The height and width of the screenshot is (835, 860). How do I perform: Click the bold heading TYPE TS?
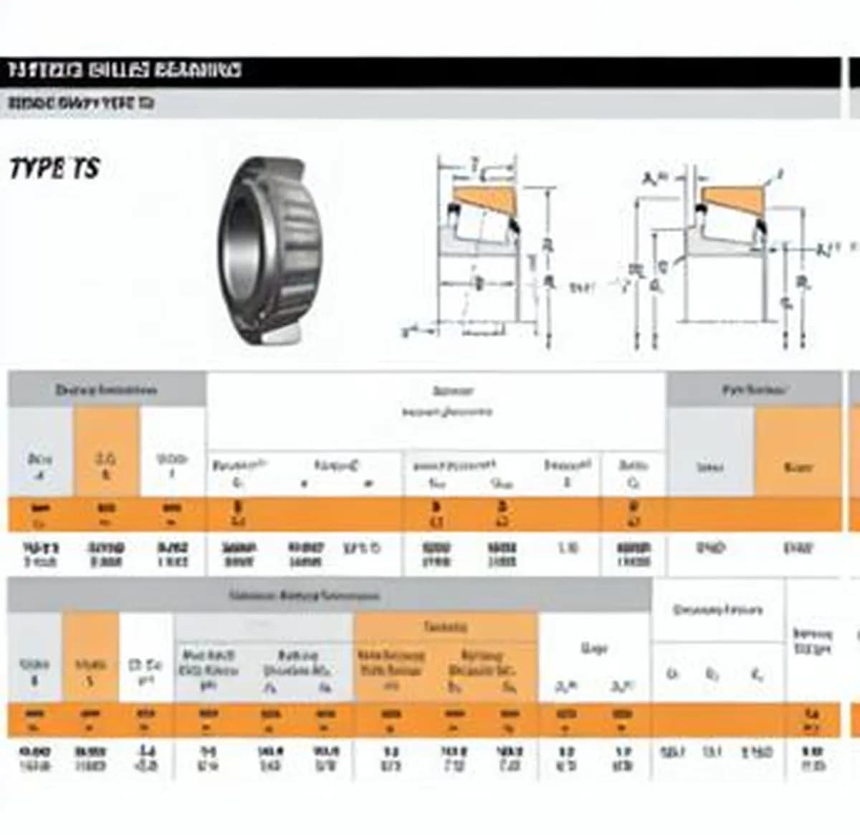click(54, 168)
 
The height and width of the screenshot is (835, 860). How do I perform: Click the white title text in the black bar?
click(125, 70)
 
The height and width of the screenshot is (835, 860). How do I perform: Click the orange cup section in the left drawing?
click(484, 196)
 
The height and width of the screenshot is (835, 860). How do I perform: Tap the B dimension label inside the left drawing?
click(479, 283)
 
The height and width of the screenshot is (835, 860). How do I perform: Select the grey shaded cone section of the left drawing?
click(459, 240)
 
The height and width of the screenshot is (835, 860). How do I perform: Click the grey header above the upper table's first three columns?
click(106, 390)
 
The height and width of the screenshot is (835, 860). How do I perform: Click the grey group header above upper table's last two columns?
click(754, 390)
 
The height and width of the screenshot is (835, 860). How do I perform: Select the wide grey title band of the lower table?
click(305, 595)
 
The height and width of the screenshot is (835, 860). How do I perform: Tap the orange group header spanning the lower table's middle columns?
click(445, 627)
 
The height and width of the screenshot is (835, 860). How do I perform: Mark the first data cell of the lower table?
click(34, 758)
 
